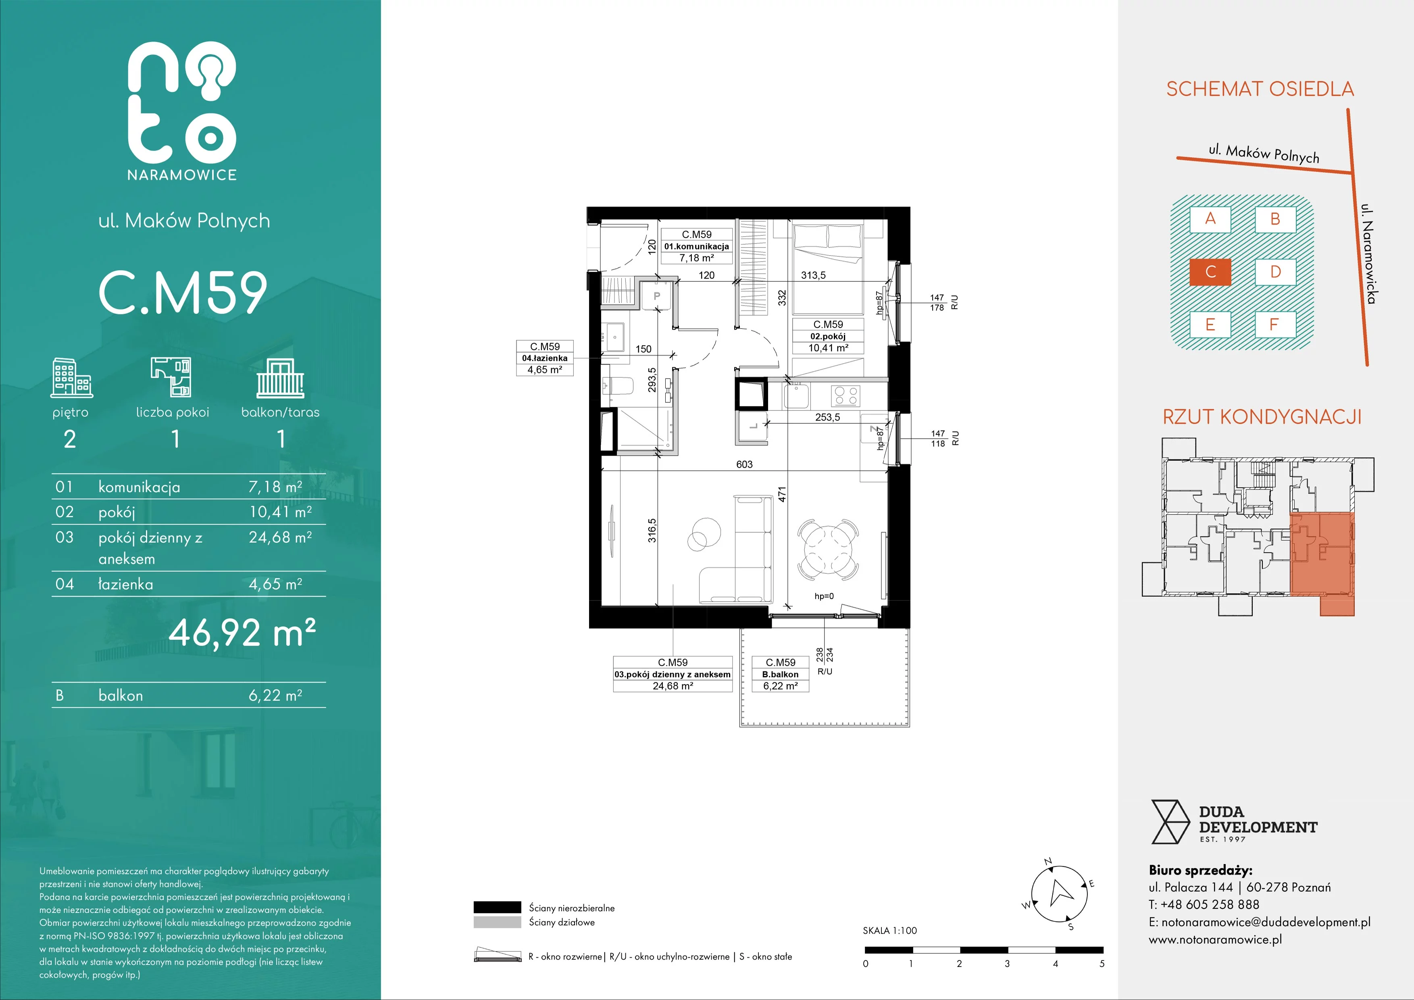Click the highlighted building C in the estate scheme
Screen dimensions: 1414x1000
(1210, 271)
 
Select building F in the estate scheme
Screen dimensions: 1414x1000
(1275, 325)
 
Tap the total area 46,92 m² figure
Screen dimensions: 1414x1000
(242, 632)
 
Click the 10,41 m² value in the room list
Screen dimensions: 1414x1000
(280, 512)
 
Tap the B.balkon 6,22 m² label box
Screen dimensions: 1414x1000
(780, 674)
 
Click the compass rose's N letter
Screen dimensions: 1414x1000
(1048, 861)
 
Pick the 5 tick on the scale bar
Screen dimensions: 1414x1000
(1102, 964)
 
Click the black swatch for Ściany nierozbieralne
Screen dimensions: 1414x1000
(497, 907)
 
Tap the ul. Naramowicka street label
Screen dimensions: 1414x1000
(1368, 253)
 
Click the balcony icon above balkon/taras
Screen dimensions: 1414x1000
(280, 378)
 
